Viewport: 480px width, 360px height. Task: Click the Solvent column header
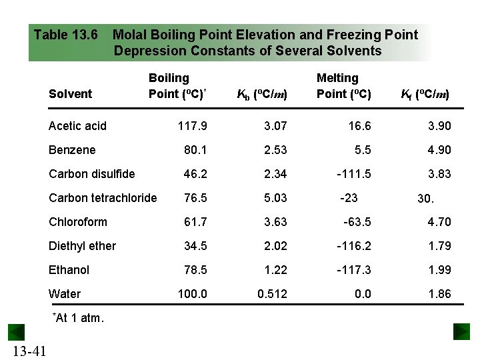pos(70,94)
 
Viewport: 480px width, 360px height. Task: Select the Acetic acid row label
pos(77,126)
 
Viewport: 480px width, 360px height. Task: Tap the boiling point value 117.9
pos(193,126)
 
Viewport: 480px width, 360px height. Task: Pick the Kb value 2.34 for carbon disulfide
pos(275,174)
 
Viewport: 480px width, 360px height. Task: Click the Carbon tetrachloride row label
pos(103,198)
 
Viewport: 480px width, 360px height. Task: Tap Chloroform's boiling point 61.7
pos(195,222)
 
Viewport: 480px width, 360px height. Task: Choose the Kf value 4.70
pos(439,222)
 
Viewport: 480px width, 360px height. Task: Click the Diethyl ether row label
pos(82,246)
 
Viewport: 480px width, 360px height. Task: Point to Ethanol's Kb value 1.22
pos(275,270)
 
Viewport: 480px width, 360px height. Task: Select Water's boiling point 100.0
pos(193,294)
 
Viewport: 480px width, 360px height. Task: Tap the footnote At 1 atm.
pos(77,318)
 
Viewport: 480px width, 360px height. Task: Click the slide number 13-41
pos(29,351)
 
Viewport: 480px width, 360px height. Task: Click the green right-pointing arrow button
pos(461,331)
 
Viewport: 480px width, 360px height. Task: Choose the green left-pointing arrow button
pos(16,331)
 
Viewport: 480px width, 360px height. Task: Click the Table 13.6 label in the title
pos(66,35)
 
